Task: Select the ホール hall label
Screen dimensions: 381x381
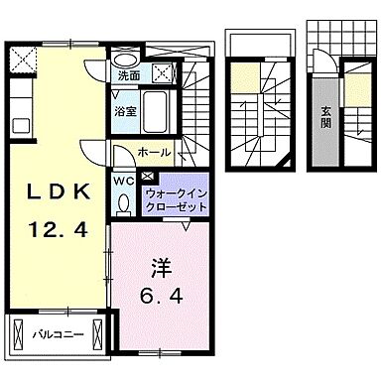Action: (x=154, y=153)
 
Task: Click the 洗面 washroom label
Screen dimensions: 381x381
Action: (x=128, y=74)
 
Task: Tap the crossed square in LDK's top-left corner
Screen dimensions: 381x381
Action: (x=19, y=58)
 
